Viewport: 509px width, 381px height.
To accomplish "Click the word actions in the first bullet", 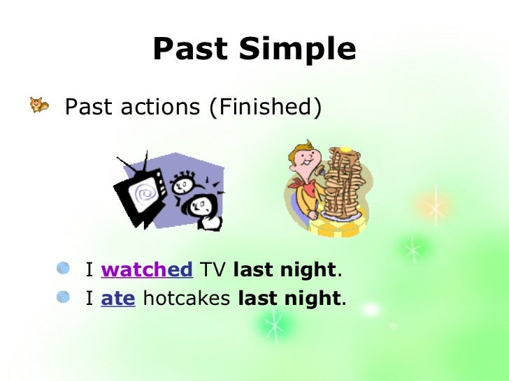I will (x=156, y=107).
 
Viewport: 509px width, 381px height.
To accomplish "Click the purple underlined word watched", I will (x=146, y=269).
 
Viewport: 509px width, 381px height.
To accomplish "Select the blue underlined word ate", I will (x=118, y=299).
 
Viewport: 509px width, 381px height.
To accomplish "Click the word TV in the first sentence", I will (x=213, y=269).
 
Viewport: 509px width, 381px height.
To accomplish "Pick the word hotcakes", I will (x=187, y=299).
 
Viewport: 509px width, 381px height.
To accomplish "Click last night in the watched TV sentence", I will (x=284, y=269).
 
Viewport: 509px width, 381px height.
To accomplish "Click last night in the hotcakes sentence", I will (x=289, y=299).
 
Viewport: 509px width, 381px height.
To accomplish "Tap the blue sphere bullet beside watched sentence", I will (x=64, y=268).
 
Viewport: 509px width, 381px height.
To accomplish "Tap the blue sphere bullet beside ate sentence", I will (x=64, y=298).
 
